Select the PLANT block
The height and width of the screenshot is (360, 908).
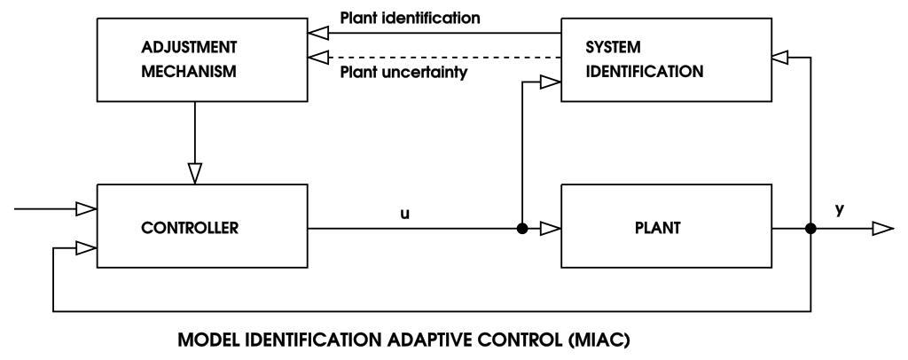point(667,227)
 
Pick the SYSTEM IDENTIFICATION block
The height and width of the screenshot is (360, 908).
point(667,60)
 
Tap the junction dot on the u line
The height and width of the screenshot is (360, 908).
point(523,229)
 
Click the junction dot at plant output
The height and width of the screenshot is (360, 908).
point(810,229)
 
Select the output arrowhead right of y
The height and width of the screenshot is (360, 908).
point(882,229)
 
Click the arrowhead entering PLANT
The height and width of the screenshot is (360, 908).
point(551,229)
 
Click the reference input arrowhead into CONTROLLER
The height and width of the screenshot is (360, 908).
point(84,209)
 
